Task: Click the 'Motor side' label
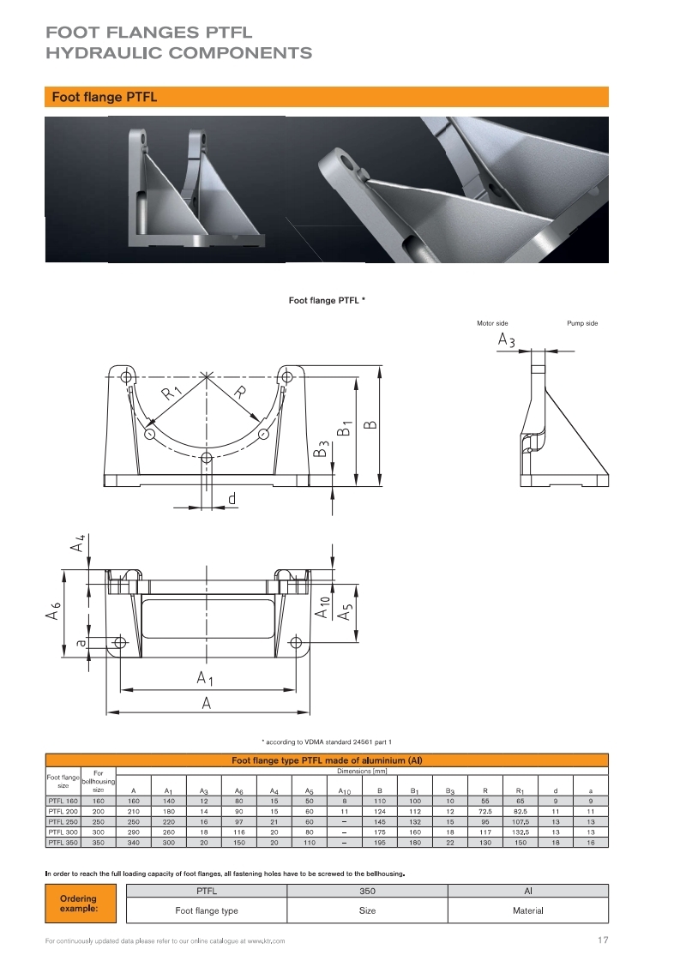tap(492, 323)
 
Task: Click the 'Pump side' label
tap(582, 323)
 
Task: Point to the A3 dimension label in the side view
tap(506, 341)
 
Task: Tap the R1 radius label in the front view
tap(172, 394)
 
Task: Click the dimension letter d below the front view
tap(232, 498)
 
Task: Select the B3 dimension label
tap(322, 448)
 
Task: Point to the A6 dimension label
tap(54, 613)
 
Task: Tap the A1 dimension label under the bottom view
tap(205, 678)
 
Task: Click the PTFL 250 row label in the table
tap(63, 821)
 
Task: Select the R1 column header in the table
tap(520, 790)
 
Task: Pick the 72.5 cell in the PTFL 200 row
tap(484, 810)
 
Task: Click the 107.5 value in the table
tap(520, 821)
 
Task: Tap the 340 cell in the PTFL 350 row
tap(133, 843)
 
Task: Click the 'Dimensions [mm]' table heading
tap(365, 772)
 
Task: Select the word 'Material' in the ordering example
tap(528, 910)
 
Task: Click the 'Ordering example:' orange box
tap(78, 903)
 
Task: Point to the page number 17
tap(602, 940)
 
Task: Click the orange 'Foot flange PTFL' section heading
tap(105, 97)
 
